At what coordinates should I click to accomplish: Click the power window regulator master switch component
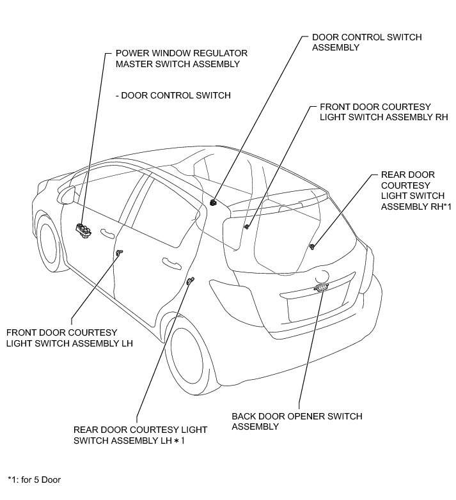(x=83, y=230)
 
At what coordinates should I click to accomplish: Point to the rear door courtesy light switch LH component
(x=190, y=281)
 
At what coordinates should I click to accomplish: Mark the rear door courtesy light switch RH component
(x=311, y=246)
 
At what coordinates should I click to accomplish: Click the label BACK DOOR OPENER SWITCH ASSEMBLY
(x=297, y=421)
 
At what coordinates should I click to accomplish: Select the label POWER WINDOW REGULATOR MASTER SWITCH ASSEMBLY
(x=181, y=58)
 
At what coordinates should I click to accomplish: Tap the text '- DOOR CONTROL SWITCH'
(x=173, y=95)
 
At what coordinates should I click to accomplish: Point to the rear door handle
(x=171, y=262)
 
